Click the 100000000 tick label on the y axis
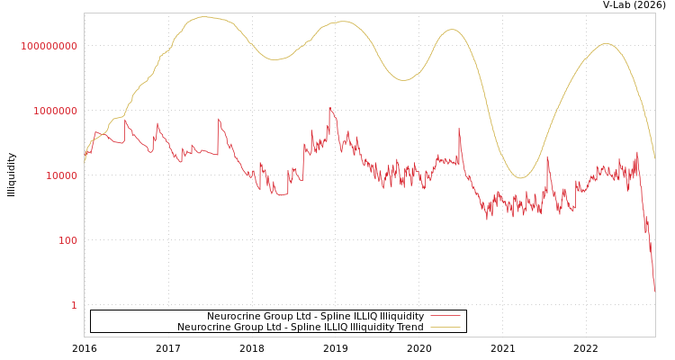point(49,46)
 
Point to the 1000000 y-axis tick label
point(56,111)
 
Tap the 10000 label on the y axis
point(62,175)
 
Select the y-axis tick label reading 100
point(68,240)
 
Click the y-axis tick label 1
point(74,305)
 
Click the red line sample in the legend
point(445,316)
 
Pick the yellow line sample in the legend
point(445,327)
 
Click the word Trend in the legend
point(409,327)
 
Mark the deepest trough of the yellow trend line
point(520,178)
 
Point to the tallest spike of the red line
point(330,108)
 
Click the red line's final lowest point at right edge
point(654,290)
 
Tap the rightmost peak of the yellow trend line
point(607,43)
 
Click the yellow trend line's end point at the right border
point(654,158)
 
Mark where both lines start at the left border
point(85,158)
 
